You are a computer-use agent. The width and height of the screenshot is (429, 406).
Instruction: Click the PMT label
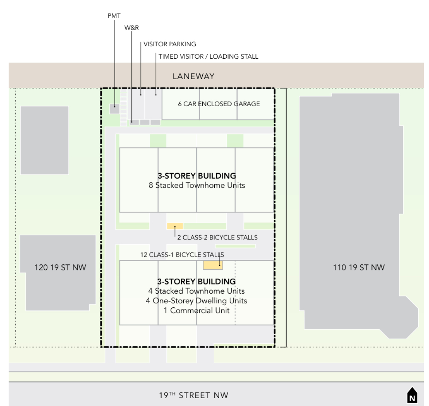(x=114, y=16)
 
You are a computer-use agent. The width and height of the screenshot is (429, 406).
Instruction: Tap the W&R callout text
(x=132, y=28)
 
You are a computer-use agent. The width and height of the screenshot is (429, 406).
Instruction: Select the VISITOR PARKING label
(x=170, y=44)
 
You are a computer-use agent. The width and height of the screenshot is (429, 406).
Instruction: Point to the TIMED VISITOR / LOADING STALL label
(x=208, y=56)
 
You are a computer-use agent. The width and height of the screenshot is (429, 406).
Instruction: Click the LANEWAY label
(x=193, y=76)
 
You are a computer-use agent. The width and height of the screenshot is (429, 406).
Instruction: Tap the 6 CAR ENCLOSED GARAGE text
(x=219, y=104)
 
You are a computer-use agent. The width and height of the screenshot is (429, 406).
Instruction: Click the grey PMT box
(x=115, y=109)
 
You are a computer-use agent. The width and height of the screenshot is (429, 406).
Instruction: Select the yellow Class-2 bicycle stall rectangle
(x=175, y=226)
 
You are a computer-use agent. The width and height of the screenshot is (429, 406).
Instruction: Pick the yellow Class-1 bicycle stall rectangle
(x=213, y=265)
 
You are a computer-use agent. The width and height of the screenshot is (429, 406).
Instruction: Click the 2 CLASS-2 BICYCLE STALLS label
(x=217, y=238)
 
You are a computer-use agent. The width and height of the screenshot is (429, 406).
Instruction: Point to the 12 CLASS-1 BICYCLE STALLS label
(x=182, y=255)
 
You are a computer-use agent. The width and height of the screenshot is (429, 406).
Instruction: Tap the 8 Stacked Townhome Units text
(x=197, y=185)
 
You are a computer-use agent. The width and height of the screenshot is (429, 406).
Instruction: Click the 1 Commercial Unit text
(x=196, y=310)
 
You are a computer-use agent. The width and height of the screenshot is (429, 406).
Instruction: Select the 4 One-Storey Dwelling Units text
(x=196, y=301)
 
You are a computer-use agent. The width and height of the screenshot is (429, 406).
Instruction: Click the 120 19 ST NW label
(x=60, y=267)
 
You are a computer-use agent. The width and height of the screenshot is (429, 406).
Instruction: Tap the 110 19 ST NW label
(x=359, y=267)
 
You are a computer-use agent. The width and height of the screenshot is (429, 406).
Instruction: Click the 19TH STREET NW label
(x=193, y=395)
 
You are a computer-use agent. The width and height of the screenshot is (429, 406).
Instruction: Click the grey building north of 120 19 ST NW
(x=45, y=140)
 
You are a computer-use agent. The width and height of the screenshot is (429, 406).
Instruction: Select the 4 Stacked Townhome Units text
(x=196, y=291)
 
